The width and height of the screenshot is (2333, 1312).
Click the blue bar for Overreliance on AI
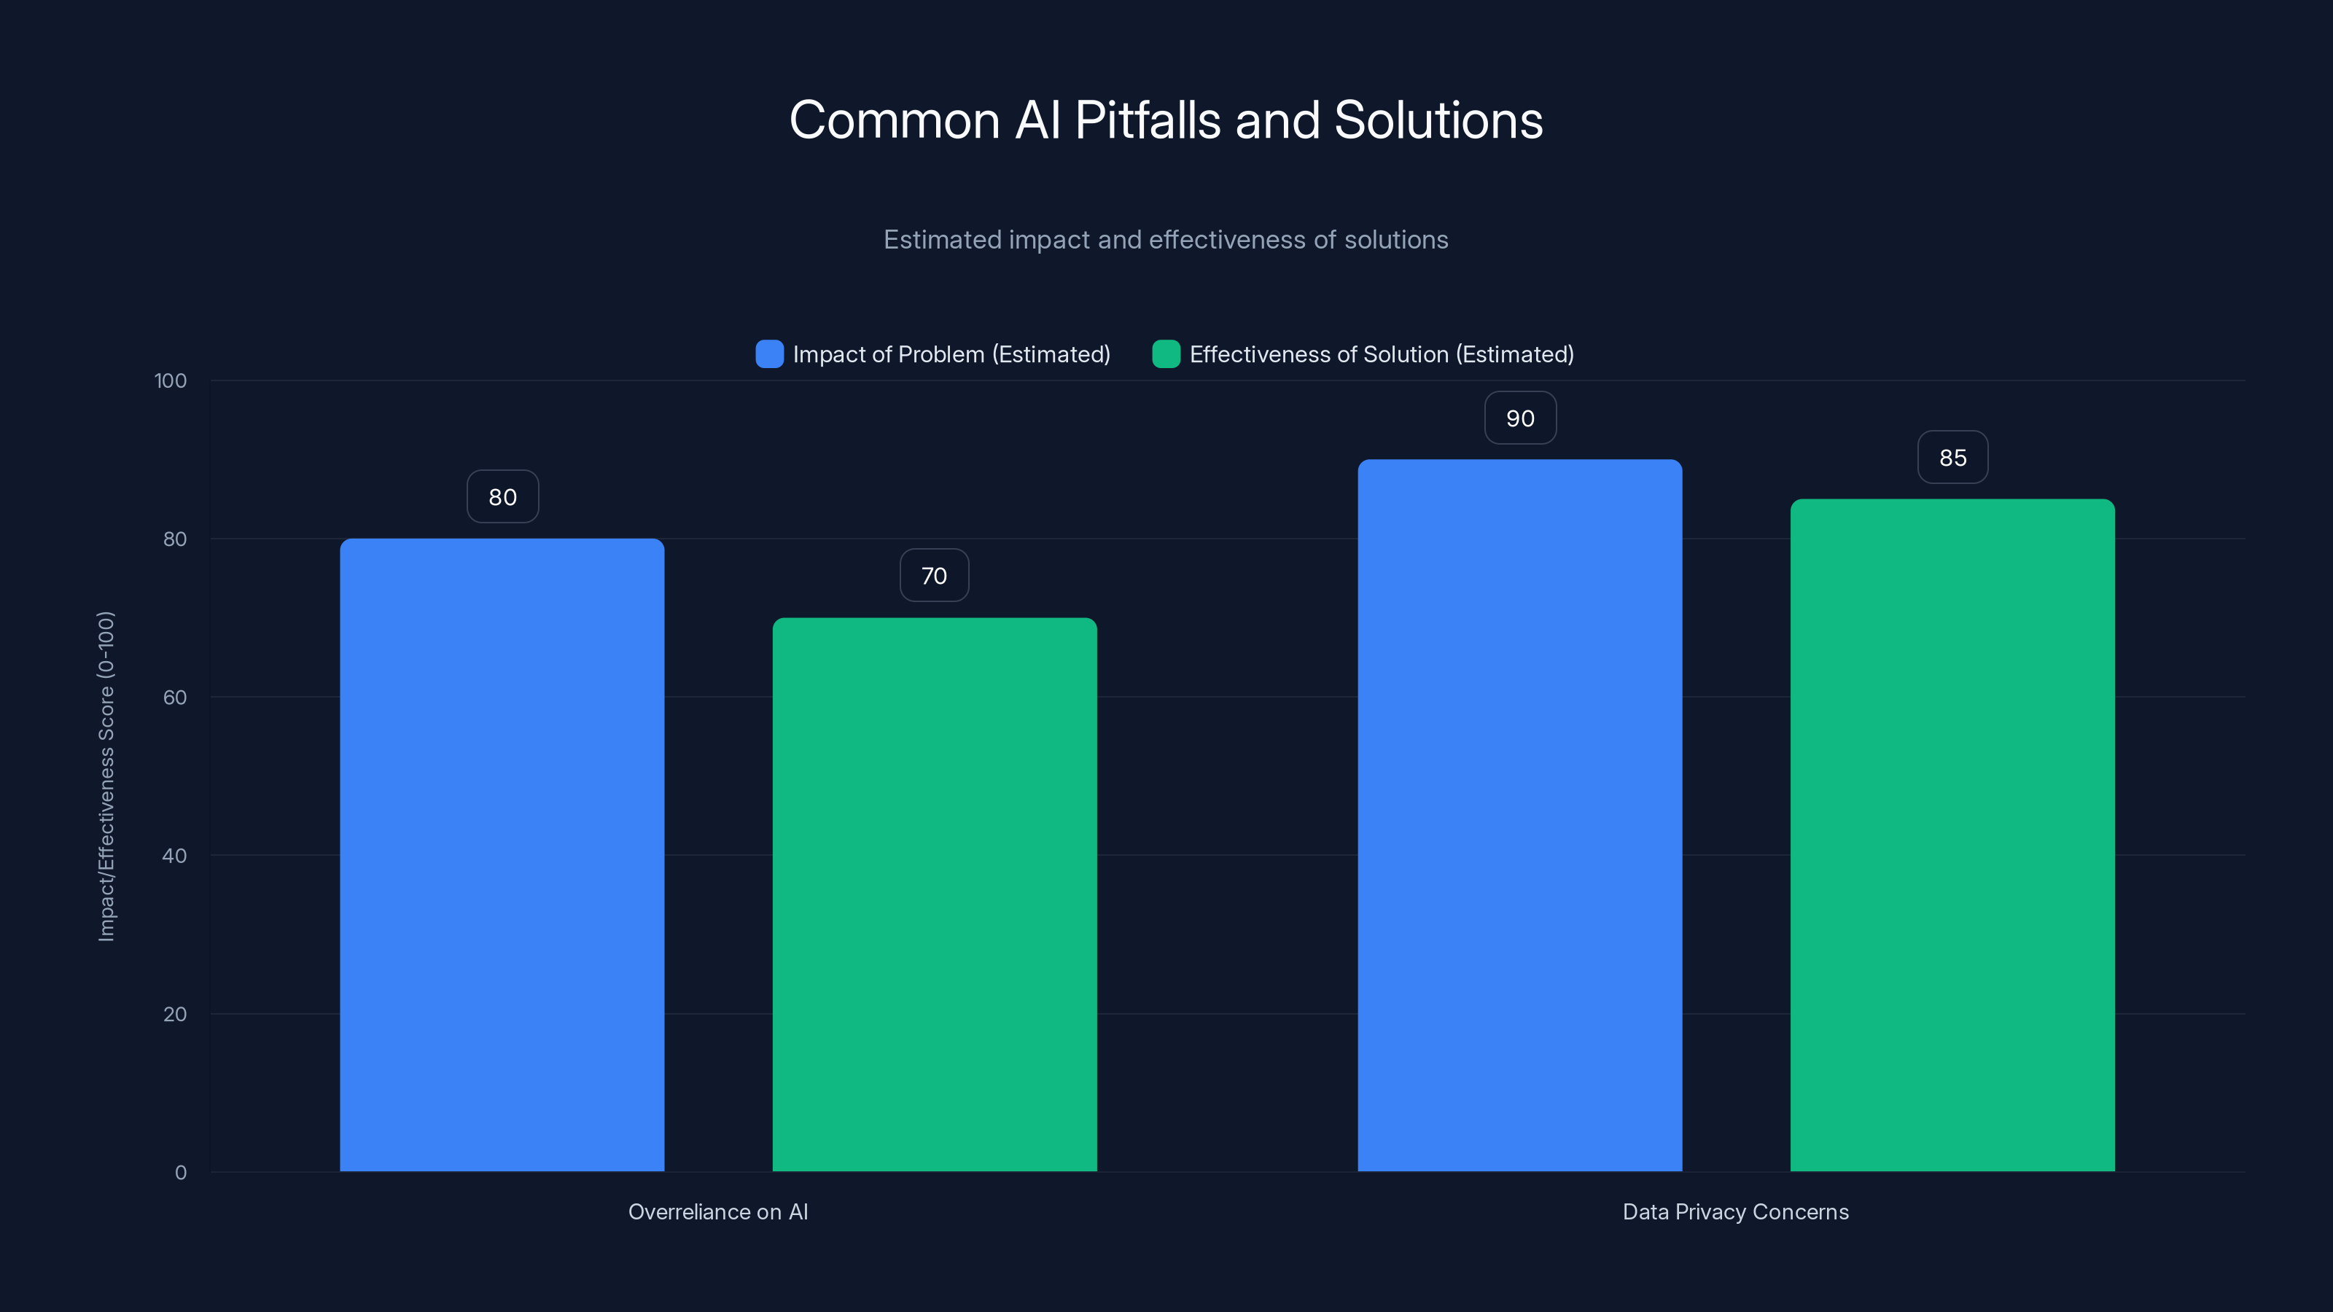[502, 855]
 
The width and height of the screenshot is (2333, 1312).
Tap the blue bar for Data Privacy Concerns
[1519, 815]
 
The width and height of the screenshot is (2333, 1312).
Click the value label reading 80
[502, 497]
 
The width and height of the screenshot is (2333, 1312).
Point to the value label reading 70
[934, 576]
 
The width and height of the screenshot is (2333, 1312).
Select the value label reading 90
[1519, 418]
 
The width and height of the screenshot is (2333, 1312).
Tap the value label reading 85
[1952, 458]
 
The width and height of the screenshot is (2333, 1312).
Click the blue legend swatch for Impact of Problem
[769, 354]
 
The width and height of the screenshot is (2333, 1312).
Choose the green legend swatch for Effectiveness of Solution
[1166, 354]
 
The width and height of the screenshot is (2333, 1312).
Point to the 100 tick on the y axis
[171, 381]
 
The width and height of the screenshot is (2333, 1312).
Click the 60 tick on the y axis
[175, 698]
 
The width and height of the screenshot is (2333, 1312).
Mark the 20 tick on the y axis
[175, 1014]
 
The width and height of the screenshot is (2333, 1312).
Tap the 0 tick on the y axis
[180, 1173]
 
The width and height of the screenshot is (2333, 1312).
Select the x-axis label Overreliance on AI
[717, 1211]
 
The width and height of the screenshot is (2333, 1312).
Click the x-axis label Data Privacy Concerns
[1734, 1211]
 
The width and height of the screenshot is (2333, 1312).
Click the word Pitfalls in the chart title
[1147, 120]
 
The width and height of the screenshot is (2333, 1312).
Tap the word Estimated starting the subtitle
[942, 240]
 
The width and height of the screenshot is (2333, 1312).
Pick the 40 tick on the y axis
[175, 856]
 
